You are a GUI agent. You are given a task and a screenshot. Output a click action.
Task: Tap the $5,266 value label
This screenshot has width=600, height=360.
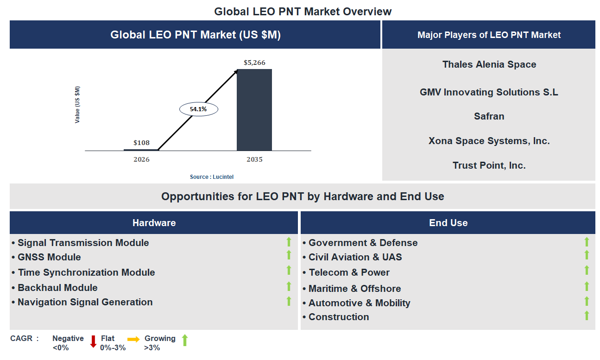click(254, 63)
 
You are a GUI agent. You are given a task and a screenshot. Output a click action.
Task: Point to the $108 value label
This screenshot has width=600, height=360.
click(141, 143)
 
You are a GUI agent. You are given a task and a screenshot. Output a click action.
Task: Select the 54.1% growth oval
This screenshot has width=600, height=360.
click(198, 109)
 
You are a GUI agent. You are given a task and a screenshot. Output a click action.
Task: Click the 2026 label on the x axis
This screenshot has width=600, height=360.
click(141, 160)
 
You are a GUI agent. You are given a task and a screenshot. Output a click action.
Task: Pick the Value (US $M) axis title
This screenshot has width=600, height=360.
click(77, 105)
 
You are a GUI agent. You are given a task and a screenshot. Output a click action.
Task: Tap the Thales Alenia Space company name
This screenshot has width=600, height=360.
click(489, 65)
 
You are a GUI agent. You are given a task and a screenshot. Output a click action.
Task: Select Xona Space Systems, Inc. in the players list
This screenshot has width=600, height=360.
click(489, 141)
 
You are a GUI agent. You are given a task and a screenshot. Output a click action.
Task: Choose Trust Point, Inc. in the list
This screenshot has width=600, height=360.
click(489, 165)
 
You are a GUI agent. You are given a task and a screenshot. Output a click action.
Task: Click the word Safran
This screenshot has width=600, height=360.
click(489, 116)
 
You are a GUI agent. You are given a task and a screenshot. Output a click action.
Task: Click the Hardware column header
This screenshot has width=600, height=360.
click(154, 223)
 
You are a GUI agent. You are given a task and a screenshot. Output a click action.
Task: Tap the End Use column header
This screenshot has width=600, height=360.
click(448, 223)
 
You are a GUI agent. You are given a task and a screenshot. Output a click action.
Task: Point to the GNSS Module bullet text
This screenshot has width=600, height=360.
click(49, 257)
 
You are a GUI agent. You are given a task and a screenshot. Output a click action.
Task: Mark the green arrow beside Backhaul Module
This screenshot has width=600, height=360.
click(289, 286)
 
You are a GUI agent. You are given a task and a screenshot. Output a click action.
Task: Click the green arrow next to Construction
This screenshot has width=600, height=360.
click(587, 316)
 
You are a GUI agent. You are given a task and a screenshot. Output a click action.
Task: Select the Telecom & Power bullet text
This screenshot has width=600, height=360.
click(349, 272)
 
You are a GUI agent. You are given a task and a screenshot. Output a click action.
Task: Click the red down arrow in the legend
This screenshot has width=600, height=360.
click(93, 341)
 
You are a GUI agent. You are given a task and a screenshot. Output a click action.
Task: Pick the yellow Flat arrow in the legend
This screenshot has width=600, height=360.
click(133, 340)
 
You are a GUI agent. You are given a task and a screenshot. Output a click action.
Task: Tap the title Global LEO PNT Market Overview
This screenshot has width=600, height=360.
click(303, 12)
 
